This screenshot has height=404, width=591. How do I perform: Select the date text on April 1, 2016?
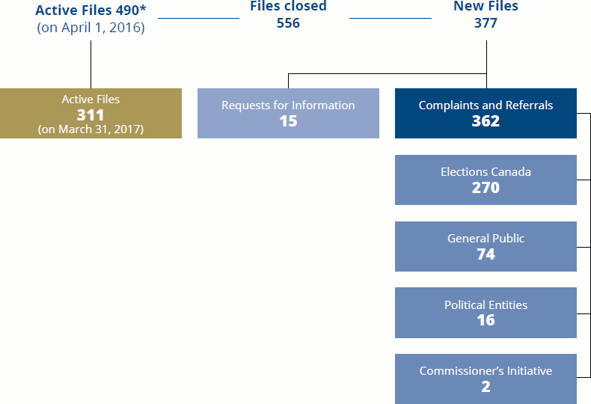[x=91, y=28]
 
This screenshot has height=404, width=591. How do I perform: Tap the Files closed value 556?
[x=288, y=23]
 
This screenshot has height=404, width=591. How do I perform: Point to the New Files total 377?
[x=486, y=23]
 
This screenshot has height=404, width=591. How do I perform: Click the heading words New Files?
[x=486, y=7]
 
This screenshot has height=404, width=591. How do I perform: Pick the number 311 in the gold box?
[x=91, y=114]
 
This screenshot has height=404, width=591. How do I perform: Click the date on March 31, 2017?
[x=91, y=129]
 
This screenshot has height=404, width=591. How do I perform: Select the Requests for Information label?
[x=288, y=105]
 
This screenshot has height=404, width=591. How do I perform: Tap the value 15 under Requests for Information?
[x=288, y=120]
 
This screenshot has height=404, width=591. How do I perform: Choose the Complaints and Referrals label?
[x=486, y=105]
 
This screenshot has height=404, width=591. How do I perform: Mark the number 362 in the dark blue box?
[x=486, y=120]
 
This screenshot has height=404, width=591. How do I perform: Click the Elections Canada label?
[x=486, y=172]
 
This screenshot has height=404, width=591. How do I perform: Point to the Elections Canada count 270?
[x=486, y=187]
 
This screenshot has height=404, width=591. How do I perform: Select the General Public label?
[x=486, y=239]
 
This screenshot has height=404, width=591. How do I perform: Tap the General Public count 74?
[x=486, y=254]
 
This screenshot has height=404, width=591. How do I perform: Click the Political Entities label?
[x=486, y=305]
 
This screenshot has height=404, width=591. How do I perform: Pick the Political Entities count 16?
[x=486, y=320]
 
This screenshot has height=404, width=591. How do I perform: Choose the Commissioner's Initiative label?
[x=486, y=371]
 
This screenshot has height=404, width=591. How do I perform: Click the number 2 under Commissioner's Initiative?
[x=486, y=387]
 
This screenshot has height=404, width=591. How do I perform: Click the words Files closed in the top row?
[x=288, y=7]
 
